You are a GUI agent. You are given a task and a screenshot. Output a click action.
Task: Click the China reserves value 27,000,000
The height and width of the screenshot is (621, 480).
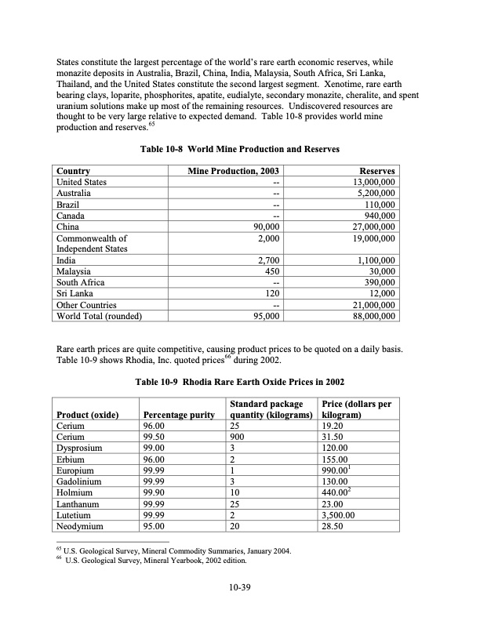tap(370, 227)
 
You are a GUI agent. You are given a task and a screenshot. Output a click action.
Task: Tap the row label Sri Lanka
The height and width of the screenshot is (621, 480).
tap(75, 293)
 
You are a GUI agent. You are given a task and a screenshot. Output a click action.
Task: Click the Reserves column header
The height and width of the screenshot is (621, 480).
tap(376, 171)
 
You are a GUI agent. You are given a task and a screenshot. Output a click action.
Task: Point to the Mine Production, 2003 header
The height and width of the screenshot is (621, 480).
tap(234, 171)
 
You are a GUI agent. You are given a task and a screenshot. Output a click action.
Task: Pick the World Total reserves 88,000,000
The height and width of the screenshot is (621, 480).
tap(370, 316)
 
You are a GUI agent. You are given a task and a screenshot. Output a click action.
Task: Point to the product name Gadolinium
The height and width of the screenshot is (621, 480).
tap(81, 481)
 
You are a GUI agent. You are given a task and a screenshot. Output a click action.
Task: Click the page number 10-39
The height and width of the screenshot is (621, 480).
tap(239, 587)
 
